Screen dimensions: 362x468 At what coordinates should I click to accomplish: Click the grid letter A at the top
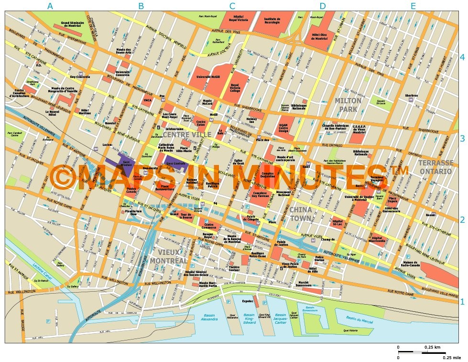(x=50, y=6)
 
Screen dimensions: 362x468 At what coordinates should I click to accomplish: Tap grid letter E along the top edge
(x=413, y=6)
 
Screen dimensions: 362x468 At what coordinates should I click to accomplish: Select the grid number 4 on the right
(x=462, y=57)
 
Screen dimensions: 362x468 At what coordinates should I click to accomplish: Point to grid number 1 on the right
(x=462, y=301)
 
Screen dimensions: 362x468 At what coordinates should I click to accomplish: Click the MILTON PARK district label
(x=348, y=105)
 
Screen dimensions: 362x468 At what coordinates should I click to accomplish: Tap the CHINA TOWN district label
(x=301, y=214)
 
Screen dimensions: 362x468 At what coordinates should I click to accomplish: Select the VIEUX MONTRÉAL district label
(x=168, y=256)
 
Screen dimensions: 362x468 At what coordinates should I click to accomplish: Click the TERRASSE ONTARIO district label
(x=435, y=167)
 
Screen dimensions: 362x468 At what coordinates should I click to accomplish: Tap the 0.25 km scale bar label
(x=432, y=347)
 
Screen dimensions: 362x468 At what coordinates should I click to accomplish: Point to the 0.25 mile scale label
(x=451, y=357)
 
